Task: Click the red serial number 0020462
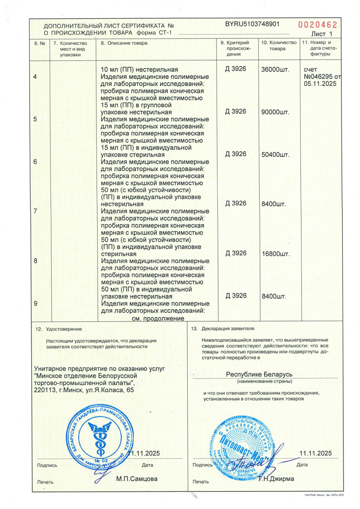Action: tap(315, 24)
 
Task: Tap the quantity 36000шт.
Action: tap(275, 70)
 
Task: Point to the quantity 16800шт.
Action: tap(275, 254)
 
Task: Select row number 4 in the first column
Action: tap(36, 76)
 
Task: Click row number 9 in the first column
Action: tap(36, 303)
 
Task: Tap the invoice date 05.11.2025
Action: tap(320, 84)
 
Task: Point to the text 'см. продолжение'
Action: tap(158, 318)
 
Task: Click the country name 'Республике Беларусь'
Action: tap(260, 374)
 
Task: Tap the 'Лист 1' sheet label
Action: tap(321, 34)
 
